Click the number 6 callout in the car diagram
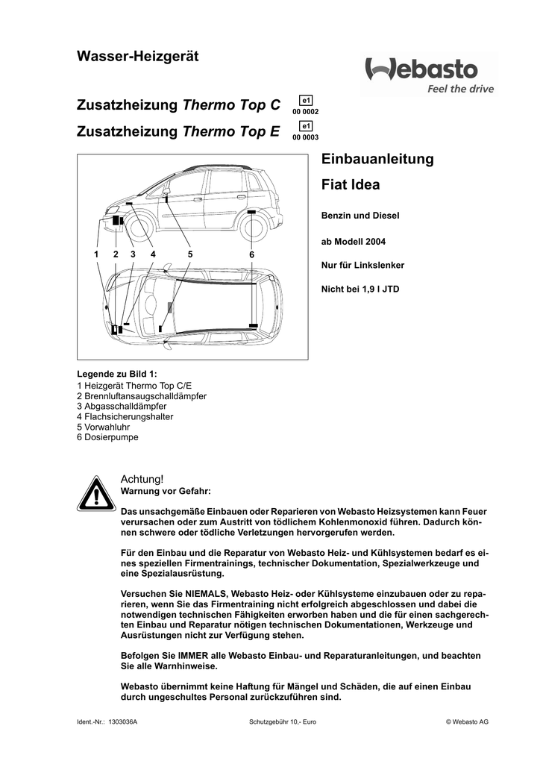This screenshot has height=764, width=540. [x=252, y=255]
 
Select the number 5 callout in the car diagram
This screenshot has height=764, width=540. [x=190, y=254]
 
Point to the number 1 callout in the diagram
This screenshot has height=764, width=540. [x=96, y=254]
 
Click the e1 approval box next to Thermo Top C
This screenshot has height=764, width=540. [x=306, y=100]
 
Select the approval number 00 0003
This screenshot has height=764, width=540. [x=306, y=137]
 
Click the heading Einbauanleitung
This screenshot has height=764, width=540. [x=377, y=160]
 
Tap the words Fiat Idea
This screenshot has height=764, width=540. [x=350, y=184]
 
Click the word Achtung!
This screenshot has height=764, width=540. [x=141, y=478]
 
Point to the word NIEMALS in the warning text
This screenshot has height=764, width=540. [x=197, y=594]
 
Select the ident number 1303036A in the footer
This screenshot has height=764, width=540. [x=123, y=723]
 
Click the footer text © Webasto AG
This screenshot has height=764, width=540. [x=467, y=723]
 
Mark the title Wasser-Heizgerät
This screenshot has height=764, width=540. [x=138, y=57]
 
